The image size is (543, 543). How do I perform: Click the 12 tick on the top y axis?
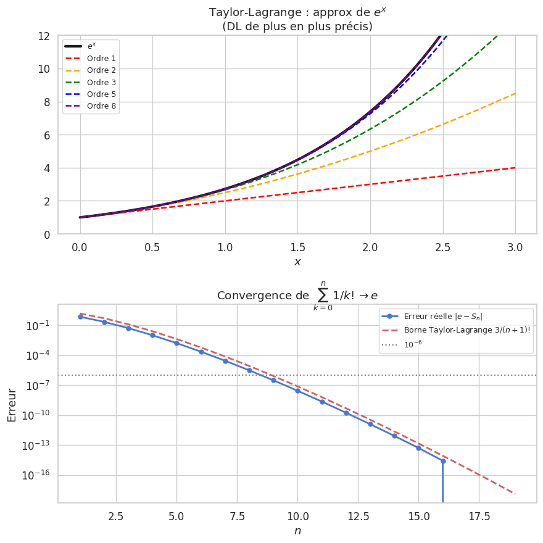point(44,36)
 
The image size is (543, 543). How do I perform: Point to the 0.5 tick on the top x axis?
point(152,247)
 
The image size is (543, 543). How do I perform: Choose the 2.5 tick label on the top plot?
point(442,247)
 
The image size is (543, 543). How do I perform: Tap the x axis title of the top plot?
point(297,262)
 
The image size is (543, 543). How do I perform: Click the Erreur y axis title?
point(12,404)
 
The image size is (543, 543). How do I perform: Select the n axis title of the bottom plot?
point(297,531)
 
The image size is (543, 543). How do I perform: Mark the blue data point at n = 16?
point(443,461)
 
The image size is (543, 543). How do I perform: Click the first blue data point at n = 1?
point(80,317)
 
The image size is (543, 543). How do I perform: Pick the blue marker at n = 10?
point(297,391)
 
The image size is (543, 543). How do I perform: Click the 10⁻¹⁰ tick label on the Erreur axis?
point(38,415)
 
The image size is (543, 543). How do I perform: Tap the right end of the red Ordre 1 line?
point(515,167)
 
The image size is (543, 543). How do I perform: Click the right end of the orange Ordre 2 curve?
point(515,93)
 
